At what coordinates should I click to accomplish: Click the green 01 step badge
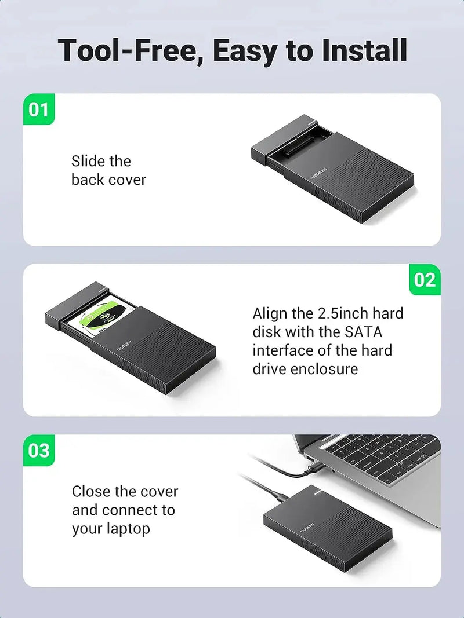click(38, 109)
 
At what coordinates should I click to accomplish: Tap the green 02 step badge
click(425, 280)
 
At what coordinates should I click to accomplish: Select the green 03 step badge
click(39, 450)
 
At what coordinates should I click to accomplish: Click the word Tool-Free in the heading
click(130, 51)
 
